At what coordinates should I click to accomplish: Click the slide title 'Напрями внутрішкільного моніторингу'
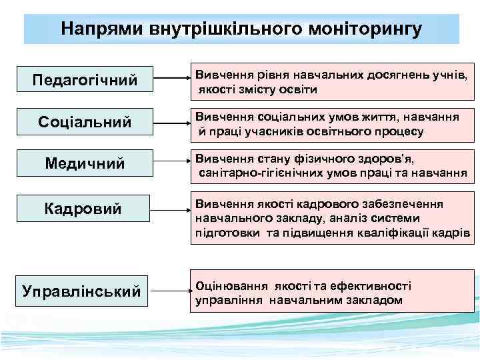pyautogui.click(x=241, y=29)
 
